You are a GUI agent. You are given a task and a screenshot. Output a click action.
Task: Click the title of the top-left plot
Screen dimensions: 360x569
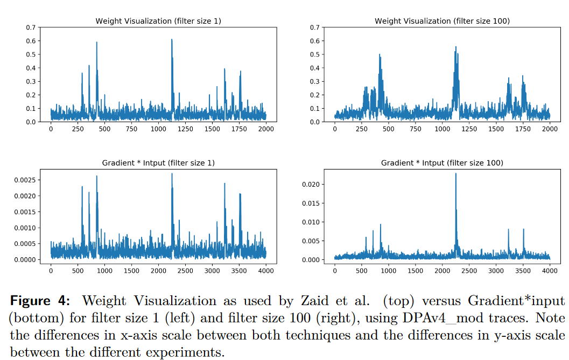tap(158, 21)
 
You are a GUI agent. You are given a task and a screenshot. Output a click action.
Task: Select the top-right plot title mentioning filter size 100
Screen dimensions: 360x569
tap(442, 21)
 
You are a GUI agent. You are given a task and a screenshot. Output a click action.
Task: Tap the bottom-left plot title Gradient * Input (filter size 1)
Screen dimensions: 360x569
tap(158, 163)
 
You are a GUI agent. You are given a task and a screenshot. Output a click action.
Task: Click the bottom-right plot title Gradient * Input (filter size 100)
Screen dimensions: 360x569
tap(442, 163)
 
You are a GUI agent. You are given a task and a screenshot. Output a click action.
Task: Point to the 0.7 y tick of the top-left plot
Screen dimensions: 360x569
tap(31, 27)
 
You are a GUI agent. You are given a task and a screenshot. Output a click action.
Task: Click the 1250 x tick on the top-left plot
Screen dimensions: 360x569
tap(185, 129)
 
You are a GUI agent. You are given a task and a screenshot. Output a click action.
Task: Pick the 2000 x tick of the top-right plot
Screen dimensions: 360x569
tap(550, 129)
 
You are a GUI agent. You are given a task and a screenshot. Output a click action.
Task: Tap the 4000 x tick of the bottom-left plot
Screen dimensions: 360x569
tap(266, 271)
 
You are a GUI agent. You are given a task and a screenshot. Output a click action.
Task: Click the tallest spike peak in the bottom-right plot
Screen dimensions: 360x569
tap(456, 173)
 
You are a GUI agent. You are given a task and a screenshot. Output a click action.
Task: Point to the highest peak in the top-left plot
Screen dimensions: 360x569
tap(172, 39)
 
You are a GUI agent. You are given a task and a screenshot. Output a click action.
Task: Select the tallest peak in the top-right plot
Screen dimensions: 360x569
tap(455, 47)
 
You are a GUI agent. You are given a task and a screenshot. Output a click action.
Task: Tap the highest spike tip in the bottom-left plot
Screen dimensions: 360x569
tap(172, 173)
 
